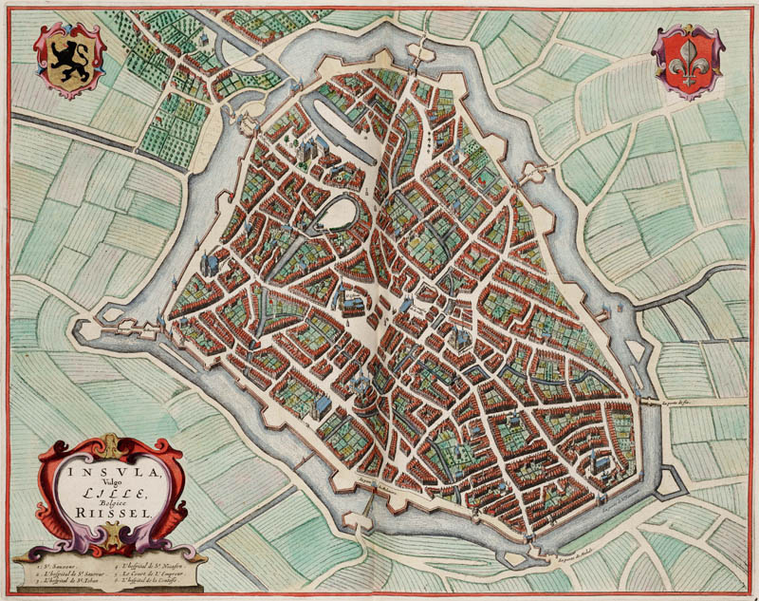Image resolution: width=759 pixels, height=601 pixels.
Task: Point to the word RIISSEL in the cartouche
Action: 112,514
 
